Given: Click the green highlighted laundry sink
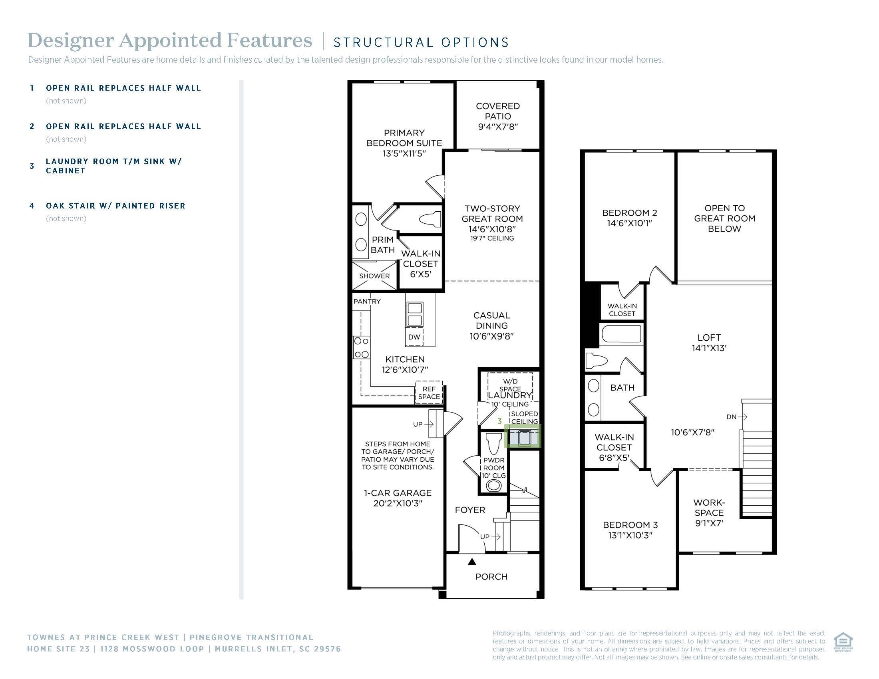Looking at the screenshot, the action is (523, 437).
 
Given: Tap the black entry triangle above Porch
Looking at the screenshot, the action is (472, 562).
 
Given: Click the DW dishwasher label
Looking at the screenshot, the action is (414, 337).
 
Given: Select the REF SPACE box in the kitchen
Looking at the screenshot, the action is (429, 393).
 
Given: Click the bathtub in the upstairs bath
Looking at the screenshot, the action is (620, 334).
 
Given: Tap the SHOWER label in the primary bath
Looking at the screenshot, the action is (374, 276).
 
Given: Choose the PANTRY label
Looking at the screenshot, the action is (367, 301).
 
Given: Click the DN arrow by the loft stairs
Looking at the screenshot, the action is (736, 417).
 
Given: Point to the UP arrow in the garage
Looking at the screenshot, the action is (424, 424).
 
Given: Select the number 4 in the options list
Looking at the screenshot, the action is (32, 206).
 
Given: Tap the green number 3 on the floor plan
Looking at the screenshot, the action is (499, 421).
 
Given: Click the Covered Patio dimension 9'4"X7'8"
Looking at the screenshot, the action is (497, 127).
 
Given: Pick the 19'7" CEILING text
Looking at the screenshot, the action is (492, 238).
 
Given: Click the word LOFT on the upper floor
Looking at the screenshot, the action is (709, 338).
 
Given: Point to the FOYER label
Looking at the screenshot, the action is (470, 510).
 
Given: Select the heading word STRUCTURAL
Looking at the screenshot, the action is (380, 42).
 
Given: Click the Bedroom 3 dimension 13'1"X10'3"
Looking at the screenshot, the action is (630, 535).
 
